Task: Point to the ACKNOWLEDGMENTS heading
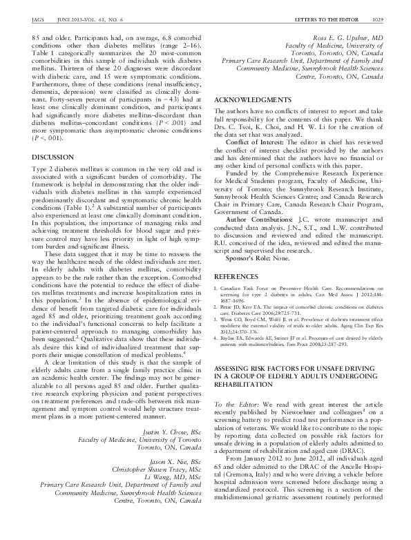pos(252,100)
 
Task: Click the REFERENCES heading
pos(238,256)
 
